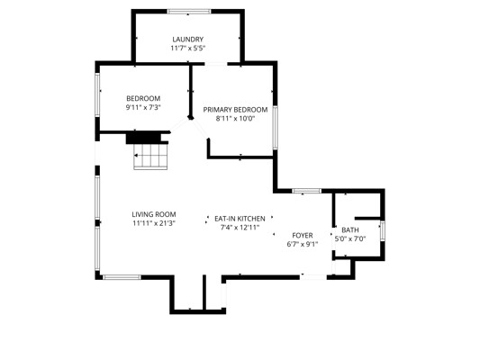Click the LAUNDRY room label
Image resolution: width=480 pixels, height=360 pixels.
pos(187,40)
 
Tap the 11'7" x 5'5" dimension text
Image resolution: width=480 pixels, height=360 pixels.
pos(187,48)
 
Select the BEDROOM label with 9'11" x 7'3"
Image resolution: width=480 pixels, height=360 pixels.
pos(143,98)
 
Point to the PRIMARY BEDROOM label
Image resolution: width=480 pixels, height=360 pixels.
pos(235,110)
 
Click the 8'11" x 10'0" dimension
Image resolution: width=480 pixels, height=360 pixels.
pos(235,119)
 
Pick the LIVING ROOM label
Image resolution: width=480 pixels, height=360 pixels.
pos(154,214)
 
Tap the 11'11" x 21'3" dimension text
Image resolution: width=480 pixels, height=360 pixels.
pos(154,223)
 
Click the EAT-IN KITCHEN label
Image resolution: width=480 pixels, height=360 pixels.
pos(240,219)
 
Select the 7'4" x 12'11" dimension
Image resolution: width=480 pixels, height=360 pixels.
pos(240,228)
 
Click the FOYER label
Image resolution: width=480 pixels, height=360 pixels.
pos(303,236)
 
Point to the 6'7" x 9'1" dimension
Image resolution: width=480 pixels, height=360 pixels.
pos(303,245)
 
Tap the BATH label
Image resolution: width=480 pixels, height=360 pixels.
pos(350,230)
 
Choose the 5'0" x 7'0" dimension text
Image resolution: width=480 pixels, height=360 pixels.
pos(350,238)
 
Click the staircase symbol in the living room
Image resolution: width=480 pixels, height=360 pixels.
pos(150,157)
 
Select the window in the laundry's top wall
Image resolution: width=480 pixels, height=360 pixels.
pos(189,12)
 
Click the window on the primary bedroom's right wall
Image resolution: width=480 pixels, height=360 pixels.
pos(276,127)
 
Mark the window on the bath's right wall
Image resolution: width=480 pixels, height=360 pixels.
pos(382,231)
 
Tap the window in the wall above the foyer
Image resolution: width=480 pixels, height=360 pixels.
pos(307,191)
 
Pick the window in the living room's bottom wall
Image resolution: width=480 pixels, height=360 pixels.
pos(122,277)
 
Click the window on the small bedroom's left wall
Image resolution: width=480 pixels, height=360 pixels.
pos(97,94)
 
